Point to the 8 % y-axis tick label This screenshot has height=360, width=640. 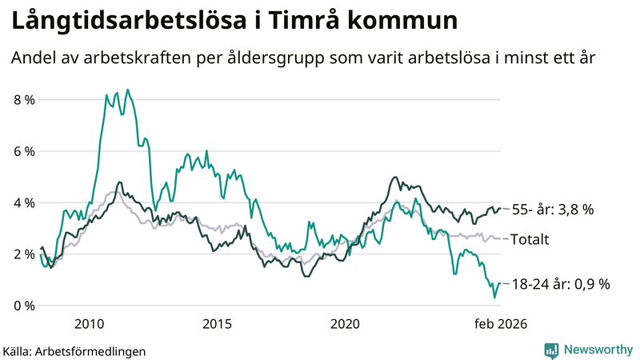pyautogui.click(x=24, y=100)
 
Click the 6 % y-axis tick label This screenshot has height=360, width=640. pyautogui.click(x=24, y=151)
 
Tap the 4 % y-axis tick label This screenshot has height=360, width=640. pyautogui.click(x=24, y=203)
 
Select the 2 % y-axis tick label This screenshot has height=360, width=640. pyautogui.click(x=24, y=254)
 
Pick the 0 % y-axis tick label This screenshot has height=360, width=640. pyautogui.click(x=24, y=306)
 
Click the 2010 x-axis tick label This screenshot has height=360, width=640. pyautogui.click(x=89, y=324)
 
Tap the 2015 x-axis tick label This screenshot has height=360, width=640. pyautogui.click(x=217, y=324)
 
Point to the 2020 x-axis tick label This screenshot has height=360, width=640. pyautogui.click(x=345, y=324)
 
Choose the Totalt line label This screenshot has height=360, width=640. pyautogui.click(x=535, y=238)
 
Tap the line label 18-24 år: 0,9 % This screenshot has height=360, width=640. pyautogui.click(x=560, y=283)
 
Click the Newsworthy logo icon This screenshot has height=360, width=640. pyautogui.click(x=551, y=350)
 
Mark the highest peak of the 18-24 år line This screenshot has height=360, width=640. pyautogui.click(x=128, y=90)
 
